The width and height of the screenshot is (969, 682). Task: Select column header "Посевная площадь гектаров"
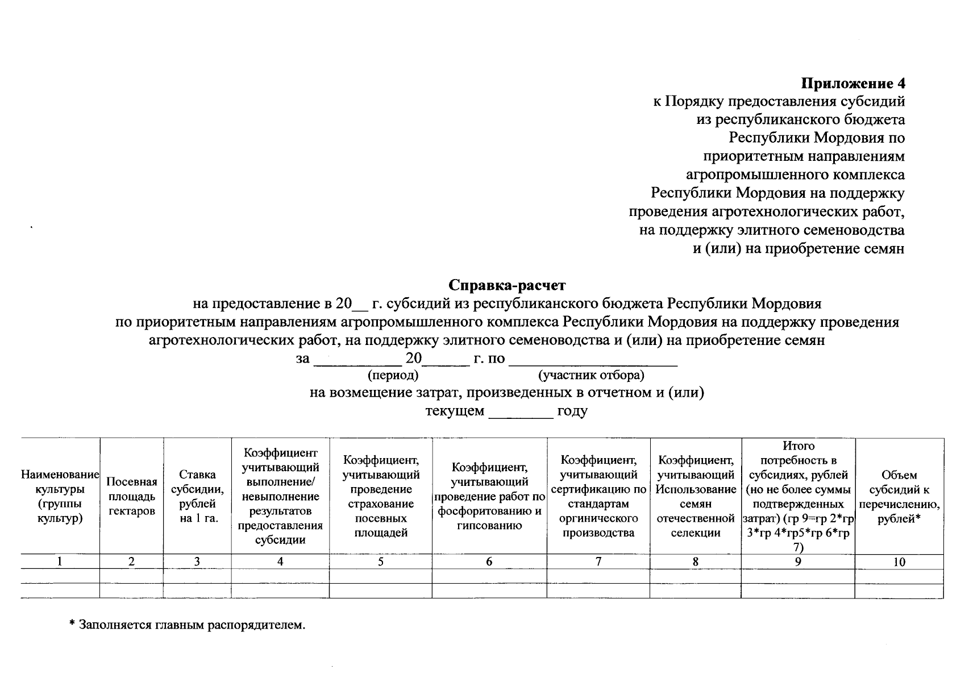tap(132, 497)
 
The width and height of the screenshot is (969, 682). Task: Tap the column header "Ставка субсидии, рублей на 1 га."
tap(197, 497)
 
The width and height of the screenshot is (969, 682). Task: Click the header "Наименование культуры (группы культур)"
tap(60, 497)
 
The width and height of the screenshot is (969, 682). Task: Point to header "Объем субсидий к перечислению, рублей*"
tap(899, 497)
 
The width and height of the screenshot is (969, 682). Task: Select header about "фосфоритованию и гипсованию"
tap(489, 497)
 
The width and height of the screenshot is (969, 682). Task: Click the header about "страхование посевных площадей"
tap(381, 497)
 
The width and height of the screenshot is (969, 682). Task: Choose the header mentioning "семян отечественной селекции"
tap(695, 497)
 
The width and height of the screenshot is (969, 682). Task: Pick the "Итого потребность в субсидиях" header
tap(798, 497)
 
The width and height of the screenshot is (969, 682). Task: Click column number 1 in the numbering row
tap(59, 562)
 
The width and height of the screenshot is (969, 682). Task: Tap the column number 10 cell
tap(899, 563)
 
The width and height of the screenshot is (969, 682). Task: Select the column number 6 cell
tap(489, 562)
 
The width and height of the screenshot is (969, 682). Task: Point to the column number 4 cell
tap(280, 562)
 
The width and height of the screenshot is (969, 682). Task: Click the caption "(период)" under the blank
tap(393, 375)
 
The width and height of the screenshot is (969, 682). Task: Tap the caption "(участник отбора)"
tap(591, 375)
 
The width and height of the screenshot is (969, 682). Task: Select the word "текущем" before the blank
tap(455, 411)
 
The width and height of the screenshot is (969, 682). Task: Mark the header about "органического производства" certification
tap(598, 497)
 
